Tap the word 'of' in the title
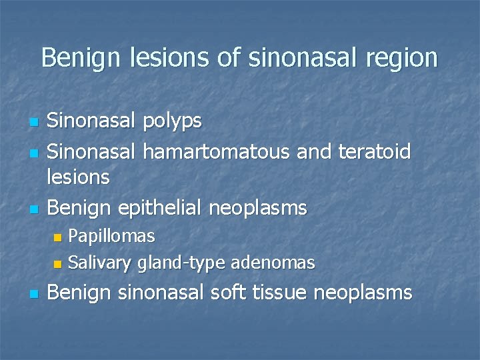[231, 58]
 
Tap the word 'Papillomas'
[112, 236]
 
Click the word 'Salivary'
[100, 263]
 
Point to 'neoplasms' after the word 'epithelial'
[258, 208]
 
